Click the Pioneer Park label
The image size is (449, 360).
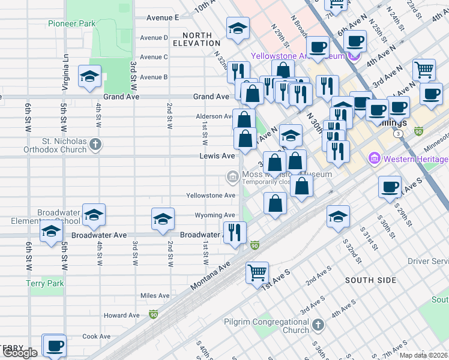click(x=71, y=24)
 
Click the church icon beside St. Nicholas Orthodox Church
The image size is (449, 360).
click(x=97, y=144)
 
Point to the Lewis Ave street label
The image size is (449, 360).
click(x=217, y=156)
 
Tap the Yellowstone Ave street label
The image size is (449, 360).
click(x=210, y=196)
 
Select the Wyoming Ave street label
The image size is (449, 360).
click(x=214, y=215)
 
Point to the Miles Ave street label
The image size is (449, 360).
click(x=155, y=296)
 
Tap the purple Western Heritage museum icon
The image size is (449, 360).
click(x=375, y=159)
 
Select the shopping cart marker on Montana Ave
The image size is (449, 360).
click(x=257, y=273)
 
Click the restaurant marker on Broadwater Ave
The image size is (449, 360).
click(x=234, y=232)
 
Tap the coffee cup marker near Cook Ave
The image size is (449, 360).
click(x=55, y=346)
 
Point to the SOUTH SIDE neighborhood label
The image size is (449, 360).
click(x=371, y=280)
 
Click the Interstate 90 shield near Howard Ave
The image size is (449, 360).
click(x=154, y=314)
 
